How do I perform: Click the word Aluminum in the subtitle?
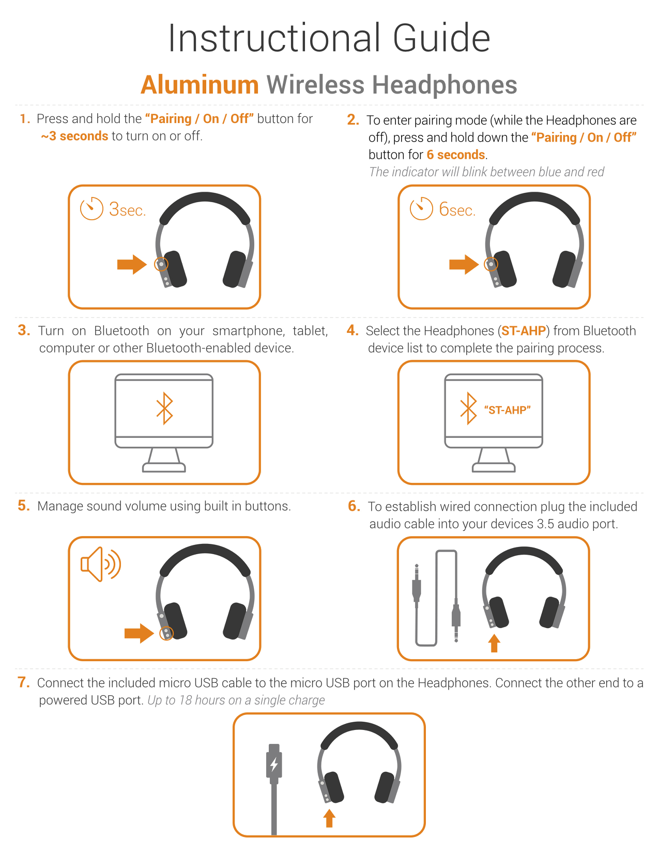click(x=200, y=85)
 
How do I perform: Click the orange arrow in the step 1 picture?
click(x=132, y=264)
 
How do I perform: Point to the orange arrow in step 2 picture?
click(x=464, y=264)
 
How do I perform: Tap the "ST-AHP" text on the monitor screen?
click(x=507, y=410)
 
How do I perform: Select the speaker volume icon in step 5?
click(x=100, y=563)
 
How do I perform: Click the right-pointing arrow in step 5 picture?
click(x=139, y=633)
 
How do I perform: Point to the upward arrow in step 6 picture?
click(x=494, y=643)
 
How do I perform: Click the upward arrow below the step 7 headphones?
click(x=329, y=818)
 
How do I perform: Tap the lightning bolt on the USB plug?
click(x=274, y=764)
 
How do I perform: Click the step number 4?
click(x=353, y=330)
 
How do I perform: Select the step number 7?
click(x=24, y=682)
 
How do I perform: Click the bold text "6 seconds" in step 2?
click(x=456, y=155)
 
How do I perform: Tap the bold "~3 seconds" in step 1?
click(x=74, y=136)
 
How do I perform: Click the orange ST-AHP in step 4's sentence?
click(x=524, y=330)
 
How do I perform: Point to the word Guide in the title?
click(x=441, y=38)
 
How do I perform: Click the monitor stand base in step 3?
click(x=164, y=467)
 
